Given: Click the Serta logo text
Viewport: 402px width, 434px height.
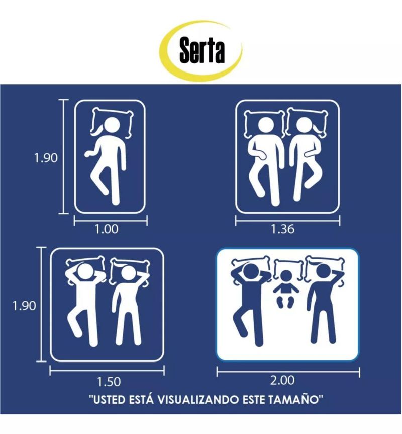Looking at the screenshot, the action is click(x=202, y=50).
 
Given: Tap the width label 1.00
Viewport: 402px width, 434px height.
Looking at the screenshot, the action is click(x=107, y=229).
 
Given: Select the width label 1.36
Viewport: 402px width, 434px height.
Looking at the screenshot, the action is click(x=282, y=229).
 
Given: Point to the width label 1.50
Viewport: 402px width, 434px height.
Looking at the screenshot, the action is click(x=109, y=382).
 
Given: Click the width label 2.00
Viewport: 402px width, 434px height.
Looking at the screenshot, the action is click(x=282, y=380).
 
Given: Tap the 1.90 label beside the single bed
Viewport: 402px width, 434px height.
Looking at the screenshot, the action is click(x=46, y=158).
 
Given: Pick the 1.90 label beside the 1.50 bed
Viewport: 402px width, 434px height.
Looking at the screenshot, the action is click(x=24, y=306).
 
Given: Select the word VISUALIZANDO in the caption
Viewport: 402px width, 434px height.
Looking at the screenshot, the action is click(x=198, y=400).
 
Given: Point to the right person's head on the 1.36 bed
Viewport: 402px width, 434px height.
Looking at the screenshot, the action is click(x=305, y=126).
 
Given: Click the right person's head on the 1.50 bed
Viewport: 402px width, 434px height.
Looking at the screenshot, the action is click(x=128, y=274).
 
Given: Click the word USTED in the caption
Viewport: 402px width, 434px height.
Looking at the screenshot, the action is click(x=109, y=400).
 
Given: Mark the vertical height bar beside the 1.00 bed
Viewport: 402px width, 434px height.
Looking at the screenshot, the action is click(x=64, y=157).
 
